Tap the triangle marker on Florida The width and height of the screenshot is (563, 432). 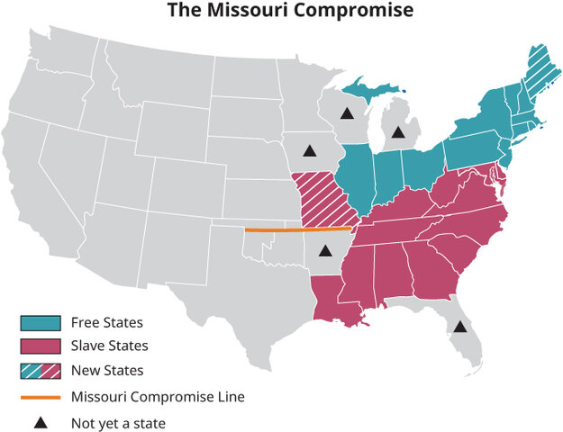tap(459, 327)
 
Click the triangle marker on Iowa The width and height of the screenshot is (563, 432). tap(310, 150)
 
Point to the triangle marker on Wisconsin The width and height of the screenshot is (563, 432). tap(346, 114)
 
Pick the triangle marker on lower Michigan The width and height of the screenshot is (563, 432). tap(397, 132)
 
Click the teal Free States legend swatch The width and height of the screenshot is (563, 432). tap(41, 321)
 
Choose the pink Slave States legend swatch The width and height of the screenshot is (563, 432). tap(41, 346)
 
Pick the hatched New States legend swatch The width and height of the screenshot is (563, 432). tap(41, 370)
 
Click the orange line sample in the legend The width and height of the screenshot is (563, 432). tap(41, 396)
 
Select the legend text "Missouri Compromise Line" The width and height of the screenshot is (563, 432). tap(158, 396)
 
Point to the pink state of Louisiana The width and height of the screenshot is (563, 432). tap(335, 302)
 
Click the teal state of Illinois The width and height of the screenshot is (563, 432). tap(356, 180)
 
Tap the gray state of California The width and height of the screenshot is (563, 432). tap(36, 180)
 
